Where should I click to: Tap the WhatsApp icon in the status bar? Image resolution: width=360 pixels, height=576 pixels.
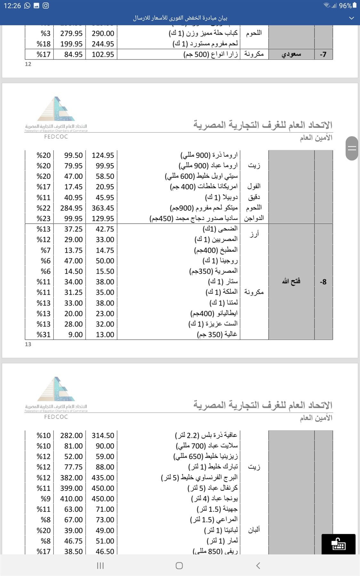click(x=27, y=6)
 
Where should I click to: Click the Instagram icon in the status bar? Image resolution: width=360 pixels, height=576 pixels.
click(x=46, y=6)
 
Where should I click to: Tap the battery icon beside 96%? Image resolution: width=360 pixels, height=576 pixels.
click(x=355, y=5)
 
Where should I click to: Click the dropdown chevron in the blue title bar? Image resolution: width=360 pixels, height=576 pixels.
click(x=351, y=18)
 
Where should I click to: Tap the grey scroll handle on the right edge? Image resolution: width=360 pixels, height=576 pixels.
click(x=352, y=148)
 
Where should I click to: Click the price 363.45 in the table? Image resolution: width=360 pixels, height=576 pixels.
click(x=103, y=208)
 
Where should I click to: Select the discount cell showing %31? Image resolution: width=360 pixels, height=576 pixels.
click(x=44, y=335)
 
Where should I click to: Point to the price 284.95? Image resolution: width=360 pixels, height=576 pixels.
click(x=71, y=208)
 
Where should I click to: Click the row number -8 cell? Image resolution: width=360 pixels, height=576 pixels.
click(x=323, y=282)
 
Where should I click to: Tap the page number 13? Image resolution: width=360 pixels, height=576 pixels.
click(x=28, y=344)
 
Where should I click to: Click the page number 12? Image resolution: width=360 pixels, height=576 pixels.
click(x=28, y=64)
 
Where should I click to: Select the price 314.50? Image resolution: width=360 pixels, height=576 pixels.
click(x=103, y=436)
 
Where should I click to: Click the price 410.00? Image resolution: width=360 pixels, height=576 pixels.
click(x=71, y=499)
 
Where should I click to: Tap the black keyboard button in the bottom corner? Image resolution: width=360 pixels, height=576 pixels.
click(x=338, y=544)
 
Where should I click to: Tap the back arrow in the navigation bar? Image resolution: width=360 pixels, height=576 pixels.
click(x=258, y=565)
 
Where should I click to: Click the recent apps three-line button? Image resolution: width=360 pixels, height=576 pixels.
click(x=100, y=565)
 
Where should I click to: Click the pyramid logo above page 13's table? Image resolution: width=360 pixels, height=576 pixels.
click(x=56, y=109)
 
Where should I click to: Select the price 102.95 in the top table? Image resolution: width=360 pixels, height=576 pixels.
click(x=103, y=54)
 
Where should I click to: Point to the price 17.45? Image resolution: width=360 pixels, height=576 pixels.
click(x=73, y=187)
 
